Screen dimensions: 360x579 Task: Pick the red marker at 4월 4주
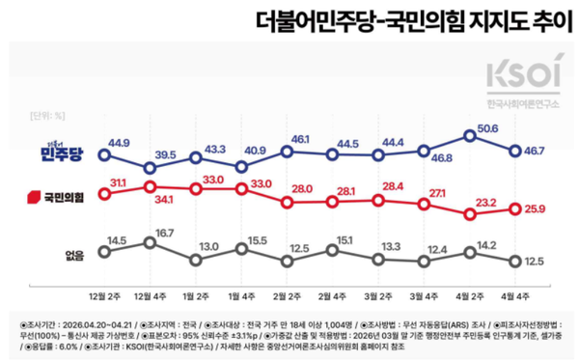pos(516,207)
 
